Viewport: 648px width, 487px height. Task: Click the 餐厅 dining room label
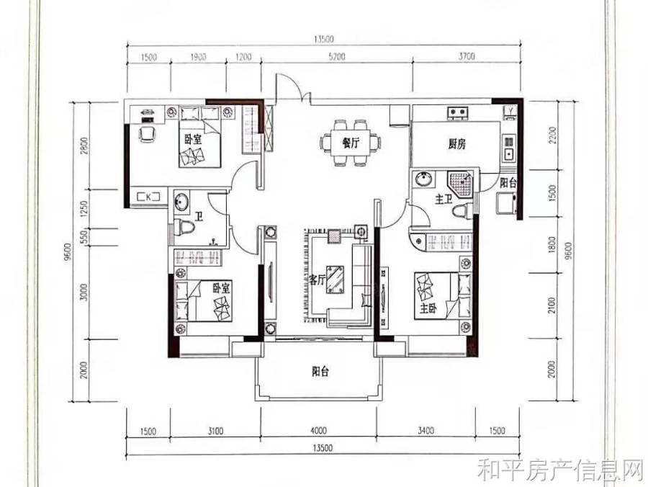click(x=351, y=143)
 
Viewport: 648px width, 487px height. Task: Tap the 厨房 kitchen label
click(x=456, y=144)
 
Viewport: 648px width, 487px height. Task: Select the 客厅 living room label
click(x=318, y=280)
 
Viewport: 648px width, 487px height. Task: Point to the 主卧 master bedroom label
click(x=428, y=308)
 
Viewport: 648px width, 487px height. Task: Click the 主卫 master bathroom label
click(x=443, y=200)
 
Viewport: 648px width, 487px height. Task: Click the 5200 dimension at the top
click(x=337, y=57)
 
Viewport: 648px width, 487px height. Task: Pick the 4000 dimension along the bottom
click(x=318, y=431)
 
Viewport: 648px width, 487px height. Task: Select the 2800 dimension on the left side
click(x=85, y=145)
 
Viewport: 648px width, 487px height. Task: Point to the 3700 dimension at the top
click(x=467, y=55)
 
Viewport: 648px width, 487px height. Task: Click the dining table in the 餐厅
click(x=351, y=143)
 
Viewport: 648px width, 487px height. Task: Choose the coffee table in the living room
click(x=336, y=280)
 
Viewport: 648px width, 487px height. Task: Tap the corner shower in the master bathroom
click(x=460, y=182)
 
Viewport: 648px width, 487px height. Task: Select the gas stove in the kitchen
click(x=457, y=112)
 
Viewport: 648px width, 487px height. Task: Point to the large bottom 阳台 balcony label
click(x=320, y=372)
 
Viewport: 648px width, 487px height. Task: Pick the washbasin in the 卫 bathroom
click(x=180, y=202)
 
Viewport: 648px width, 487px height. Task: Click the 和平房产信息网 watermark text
click(x=561, y=470)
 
